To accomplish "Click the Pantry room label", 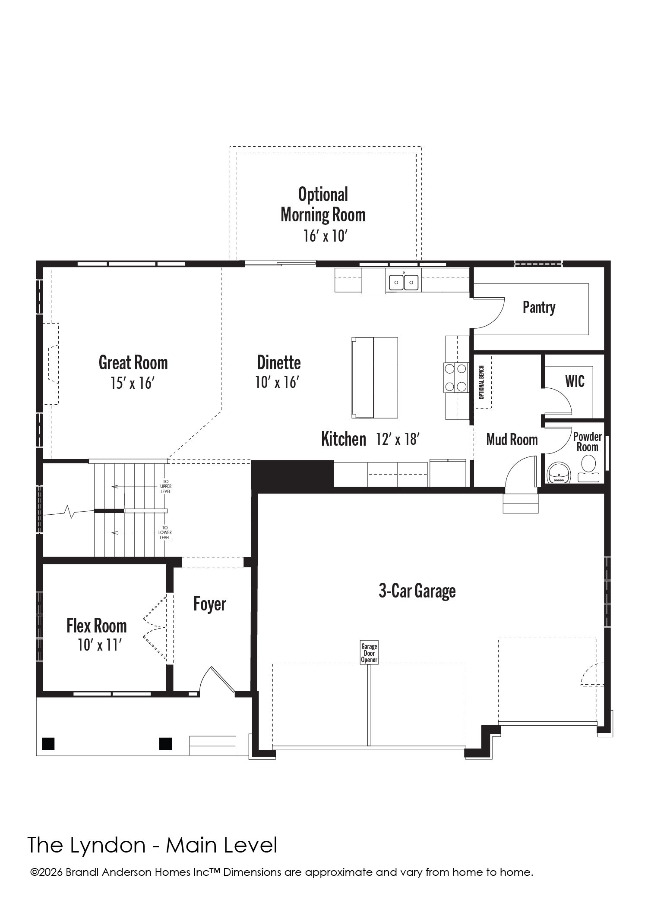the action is (x=539, y=307).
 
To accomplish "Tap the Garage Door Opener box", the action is (x=369, y=653).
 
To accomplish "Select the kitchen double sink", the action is (x=404, y=283).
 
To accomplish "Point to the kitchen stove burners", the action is (x=456, y=377).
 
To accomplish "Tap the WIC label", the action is (x=575, y=381).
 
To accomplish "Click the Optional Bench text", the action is (x=481, y=382).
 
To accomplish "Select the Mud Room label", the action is (x=512, y=440).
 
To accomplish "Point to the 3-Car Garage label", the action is (x=417, y=591).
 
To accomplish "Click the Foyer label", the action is (x=209, y=604).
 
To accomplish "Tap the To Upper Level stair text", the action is (x=166, y=486).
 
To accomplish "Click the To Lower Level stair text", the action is (x=165, y=532).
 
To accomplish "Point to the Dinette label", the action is (x=279, y=362).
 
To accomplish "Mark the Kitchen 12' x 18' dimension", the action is (x=398, y=439).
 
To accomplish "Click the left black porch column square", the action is (x=48, y=744).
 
